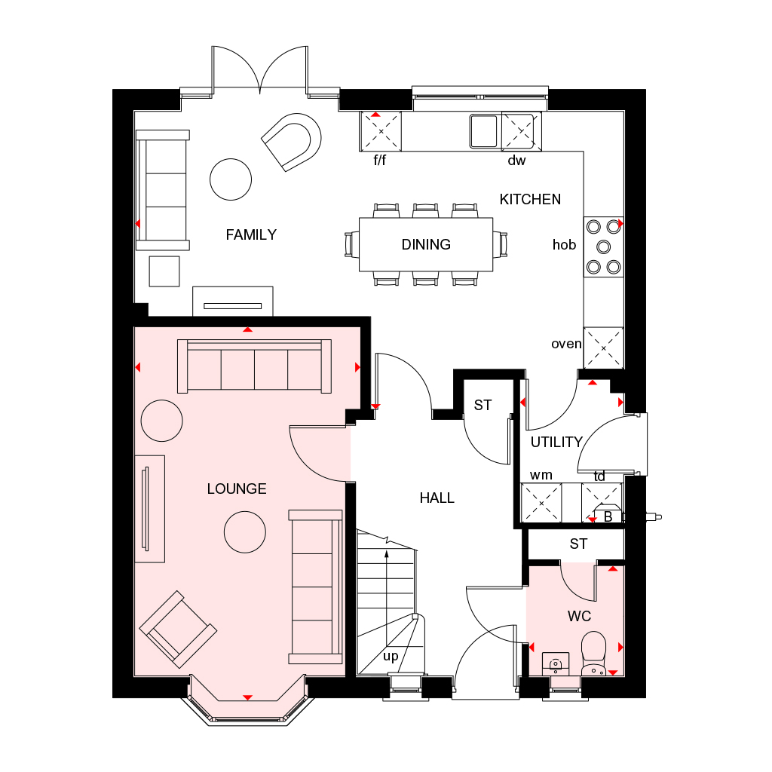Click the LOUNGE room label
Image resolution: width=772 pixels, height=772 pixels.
pyautogui.click(x=237, y=489)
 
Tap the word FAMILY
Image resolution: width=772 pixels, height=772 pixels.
pyautogui.click(x=251, y=234)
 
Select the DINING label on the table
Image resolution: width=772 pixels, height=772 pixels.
pyautogui.click(x=426, y=244)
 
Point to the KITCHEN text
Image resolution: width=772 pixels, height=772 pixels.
pyautogui.click(x=530, y=199)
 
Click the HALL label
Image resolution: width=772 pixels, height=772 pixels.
pyautogui.click(x=437, y=498)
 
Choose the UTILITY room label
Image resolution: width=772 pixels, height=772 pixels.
pyautogui.click(x=556, y=442)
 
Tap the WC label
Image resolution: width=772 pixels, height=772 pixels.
pyautogui.click(x=579, y=617)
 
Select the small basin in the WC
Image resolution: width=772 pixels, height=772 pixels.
pyautogui.click(x=556, y=663)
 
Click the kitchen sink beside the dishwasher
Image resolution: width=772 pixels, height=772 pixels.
pyautogui.click(x=484, y=130)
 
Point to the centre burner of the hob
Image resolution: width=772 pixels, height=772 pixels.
pyautogui.click(x=603, y=246)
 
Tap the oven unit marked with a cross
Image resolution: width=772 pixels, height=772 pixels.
pyautogui.click(x=604, y=348)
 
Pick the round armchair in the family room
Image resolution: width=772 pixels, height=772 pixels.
pyautogui.click(x=293, y=141)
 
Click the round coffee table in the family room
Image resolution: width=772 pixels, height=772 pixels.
pyautogui.click(x=230, y=179)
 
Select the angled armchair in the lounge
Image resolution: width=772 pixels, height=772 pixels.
pyautogui.click(x=178, y=629)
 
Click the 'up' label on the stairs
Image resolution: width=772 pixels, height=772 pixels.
pyautogui.click(x=391, y=656)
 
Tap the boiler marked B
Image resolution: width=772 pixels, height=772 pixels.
pyautogui.click(x=608, y=516)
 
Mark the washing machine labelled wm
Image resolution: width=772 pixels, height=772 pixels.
pyautogui.click(x=542, y=502)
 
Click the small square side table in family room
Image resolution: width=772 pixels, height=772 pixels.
pyautogui.click(x=164, y=271)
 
